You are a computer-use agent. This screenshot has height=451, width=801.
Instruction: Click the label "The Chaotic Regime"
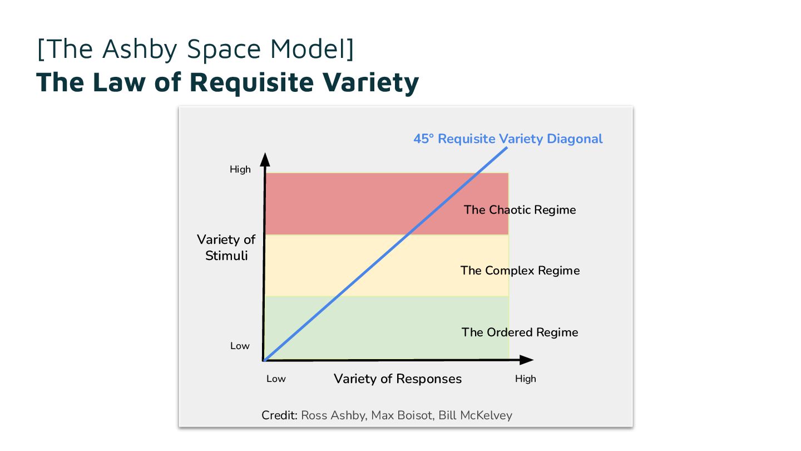click(520, 210)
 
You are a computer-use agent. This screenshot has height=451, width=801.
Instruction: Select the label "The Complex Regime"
click(520, 271)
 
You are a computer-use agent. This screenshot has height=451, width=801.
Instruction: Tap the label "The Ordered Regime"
click(520, 332)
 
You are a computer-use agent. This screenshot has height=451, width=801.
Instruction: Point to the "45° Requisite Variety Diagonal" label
click(508, 139)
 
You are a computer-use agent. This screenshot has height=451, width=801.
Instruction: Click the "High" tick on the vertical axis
click(240, 169)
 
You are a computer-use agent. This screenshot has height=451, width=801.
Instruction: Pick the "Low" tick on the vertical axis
click(240, 346)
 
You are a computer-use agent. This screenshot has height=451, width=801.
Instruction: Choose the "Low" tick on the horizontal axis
click(276, 379)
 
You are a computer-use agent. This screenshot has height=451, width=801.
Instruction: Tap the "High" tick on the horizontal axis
click(525, 379)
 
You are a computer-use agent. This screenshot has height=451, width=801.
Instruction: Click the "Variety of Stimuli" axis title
click(226, 248)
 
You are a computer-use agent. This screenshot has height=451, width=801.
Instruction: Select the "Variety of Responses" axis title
click(398, 379)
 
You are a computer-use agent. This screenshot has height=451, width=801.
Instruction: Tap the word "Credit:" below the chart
click(280, 415)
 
